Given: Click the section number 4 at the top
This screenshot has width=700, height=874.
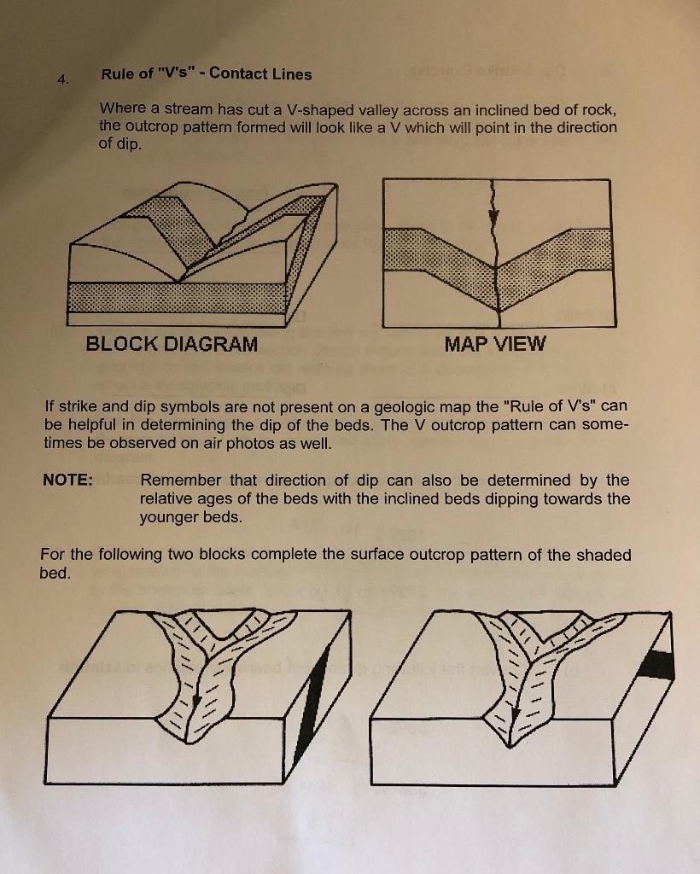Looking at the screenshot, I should point(61,79).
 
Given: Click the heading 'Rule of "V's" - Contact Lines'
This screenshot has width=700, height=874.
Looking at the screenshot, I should point(206,73).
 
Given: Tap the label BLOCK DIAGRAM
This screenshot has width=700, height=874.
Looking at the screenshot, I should point(171,345).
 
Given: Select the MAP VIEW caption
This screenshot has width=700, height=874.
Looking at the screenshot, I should point(495,345).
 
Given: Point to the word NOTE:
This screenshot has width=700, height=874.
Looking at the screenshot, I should point(67,480).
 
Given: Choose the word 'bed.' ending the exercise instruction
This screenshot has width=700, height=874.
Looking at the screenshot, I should point(55,574).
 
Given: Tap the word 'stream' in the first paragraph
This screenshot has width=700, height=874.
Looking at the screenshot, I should point(178,109).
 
